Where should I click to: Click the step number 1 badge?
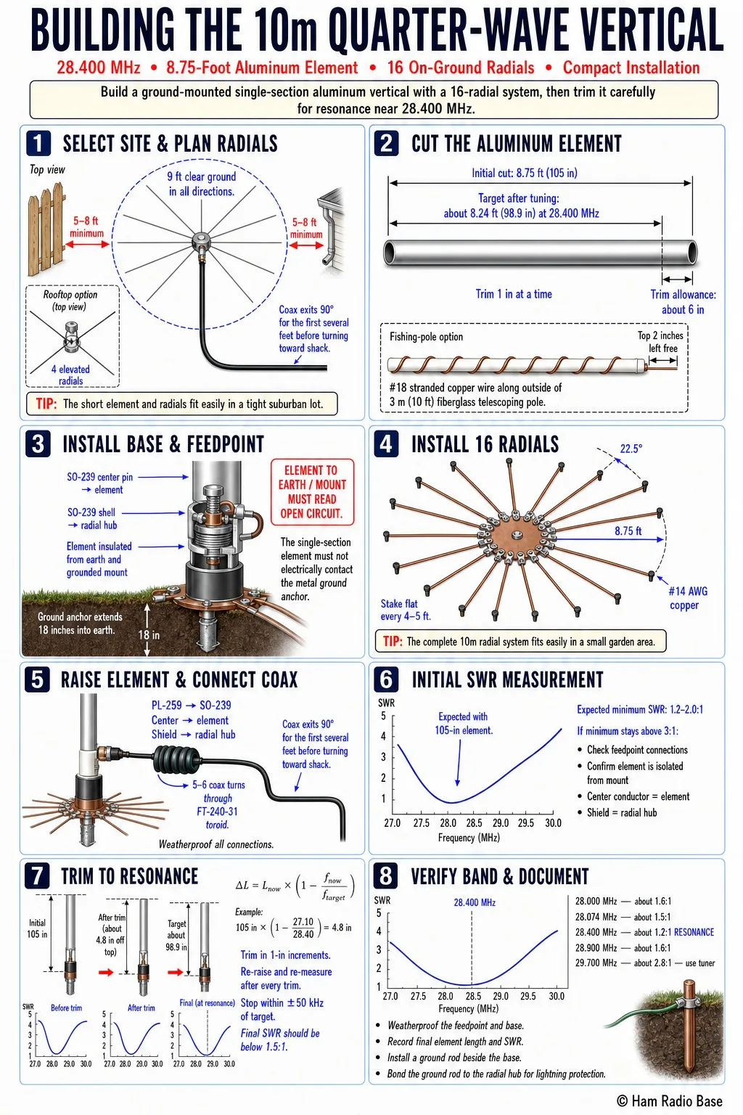(x=38, y=143)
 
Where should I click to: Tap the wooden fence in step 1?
(x=46, y=229)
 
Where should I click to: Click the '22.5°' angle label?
(x=631, y=449)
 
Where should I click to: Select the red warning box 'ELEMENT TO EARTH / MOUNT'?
(x=313, y=491)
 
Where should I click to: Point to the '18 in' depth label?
(x=149, y=634)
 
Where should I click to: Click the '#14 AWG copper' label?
(x=687, y=598)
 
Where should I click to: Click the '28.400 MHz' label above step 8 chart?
(x=475, y=902)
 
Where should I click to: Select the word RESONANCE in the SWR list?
(x=694, y=932)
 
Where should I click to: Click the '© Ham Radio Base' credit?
(x=669, y=1100)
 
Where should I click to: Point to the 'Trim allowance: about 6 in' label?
(x=683, y=302)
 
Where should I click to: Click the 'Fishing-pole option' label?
(x=426, y=337)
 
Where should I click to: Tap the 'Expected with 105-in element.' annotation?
(x=464, y=723)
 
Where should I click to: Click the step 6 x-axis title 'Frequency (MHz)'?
(x=469, y=838)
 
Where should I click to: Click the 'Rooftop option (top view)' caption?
(x=70, y=300)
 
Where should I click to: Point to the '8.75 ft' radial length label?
(x=628, y=531)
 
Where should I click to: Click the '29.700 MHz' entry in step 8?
(x=596, y=963)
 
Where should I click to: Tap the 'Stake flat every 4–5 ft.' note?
(x=406, y=610)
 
